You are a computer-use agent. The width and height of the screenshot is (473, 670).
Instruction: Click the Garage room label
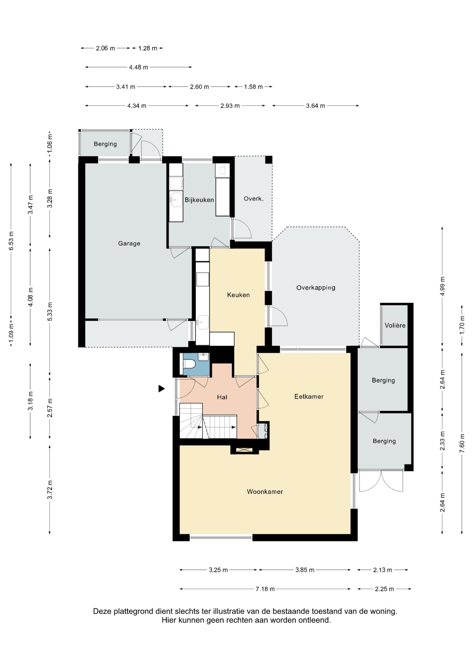coord(129,243)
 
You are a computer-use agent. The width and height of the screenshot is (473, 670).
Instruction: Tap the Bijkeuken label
coord(199,200)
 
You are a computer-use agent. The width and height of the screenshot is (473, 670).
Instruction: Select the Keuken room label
coord(238,295)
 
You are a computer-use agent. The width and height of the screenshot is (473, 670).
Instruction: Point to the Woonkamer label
coord(265,492)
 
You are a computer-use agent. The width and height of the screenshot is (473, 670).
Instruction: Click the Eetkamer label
coord(309,397)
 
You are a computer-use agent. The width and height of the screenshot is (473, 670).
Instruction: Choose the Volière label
coord(395,325)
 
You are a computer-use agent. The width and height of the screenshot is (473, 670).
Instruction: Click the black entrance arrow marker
coord(161,389)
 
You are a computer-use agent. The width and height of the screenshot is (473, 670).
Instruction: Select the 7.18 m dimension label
coord(265,589)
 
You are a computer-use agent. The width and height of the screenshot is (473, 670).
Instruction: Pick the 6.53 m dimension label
coord(11,241)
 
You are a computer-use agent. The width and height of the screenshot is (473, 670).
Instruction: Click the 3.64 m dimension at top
coord(315,106)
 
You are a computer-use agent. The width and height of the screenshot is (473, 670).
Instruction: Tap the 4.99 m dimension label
coord(442,286)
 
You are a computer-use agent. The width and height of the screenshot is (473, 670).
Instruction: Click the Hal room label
coord(222,397)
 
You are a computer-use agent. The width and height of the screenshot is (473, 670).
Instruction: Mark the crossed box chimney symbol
coord(244,450)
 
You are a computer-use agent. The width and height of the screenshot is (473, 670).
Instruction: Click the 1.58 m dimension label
coord(253,87)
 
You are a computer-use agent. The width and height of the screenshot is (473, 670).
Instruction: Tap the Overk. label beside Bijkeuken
coord(254,199)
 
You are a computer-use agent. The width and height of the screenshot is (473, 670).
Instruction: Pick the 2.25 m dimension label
coord(384,589)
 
